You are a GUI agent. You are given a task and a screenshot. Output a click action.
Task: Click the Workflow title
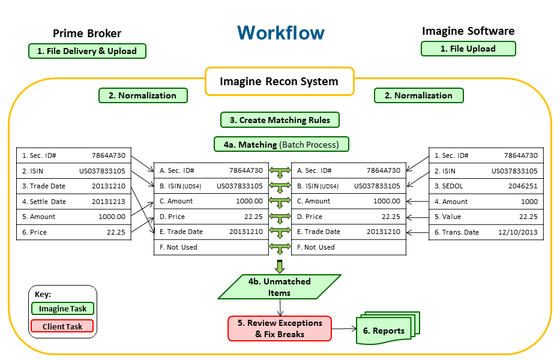280,32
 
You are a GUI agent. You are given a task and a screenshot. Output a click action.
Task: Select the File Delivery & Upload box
87,51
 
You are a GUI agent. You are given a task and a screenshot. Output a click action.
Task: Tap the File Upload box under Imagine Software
468,49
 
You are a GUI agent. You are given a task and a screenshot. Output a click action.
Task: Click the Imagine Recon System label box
279,82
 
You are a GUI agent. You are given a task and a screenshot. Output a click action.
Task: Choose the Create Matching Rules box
280,120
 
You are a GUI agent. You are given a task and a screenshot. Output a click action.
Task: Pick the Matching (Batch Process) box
282,145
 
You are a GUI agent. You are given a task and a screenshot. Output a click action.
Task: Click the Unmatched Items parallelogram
279,287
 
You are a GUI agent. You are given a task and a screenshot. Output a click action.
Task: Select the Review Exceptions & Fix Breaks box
280,328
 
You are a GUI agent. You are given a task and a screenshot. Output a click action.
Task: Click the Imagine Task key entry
62,309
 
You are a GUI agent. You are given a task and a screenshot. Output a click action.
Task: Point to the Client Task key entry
62,326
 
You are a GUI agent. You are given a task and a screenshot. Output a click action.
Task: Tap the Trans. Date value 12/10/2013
517,232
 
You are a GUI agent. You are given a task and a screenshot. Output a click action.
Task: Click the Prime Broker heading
87,34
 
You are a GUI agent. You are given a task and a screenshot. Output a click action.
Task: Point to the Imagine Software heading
468,31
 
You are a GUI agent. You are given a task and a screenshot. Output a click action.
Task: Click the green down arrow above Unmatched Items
280,266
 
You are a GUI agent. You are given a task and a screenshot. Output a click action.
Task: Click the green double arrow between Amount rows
280,202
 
